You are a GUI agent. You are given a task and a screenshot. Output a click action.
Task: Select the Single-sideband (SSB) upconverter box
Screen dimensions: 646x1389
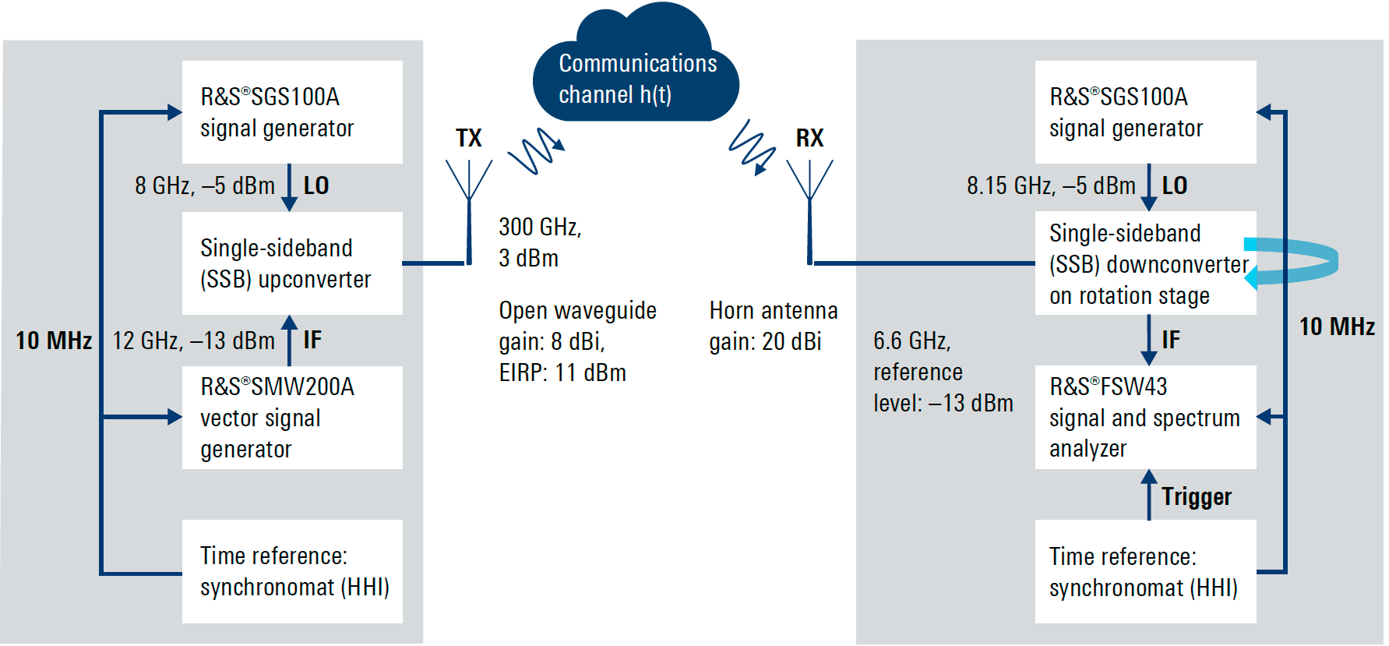point(292,263)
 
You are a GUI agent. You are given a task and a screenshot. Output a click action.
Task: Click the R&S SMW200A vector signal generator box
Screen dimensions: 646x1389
point(292,418)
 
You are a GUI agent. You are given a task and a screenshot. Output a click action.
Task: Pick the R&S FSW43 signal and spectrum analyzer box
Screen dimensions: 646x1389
point(1144,418)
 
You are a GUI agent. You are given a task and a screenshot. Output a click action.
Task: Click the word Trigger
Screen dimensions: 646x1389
point(1196,496)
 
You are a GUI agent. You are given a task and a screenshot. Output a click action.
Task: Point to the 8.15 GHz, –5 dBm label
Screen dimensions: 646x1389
point(1051,185)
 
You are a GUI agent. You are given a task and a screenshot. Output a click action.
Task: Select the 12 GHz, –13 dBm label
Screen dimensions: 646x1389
point(193,341)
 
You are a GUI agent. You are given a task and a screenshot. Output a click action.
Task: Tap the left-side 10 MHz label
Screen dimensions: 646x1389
point(54,341)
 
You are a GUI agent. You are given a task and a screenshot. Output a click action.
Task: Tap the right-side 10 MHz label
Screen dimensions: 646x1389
point(1337,327)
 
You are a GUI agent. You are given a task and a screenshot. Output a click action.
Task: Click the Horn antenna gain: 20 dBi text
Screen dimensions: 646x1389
point(773,327)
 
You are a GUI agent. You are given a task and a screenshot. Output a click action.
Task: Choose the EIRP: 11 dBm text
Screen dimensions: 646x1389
point(562,372)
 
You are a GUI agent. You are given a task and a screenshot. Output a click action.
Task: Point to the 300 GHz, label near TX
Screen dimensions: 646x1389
point(540,227)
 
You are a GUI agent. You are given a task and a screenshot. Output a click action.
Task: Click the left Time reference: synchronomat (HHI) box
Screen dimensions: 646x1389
point(292,571)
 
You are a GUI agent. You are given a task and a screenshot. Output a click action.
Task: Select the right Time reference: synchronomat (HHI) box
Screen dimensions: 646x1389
point(1144,571)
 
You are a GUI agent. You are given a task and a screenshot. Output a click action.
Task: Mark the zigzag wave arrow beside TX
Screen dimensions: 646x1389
point(535,150)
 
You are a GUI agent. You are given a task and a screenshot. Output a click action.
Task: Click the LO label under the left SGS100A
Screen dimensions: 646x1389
point(316,185)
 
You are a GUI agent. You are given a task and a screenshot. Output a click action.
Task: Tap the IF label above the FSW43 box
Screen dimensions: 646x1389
point(1170,340)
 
